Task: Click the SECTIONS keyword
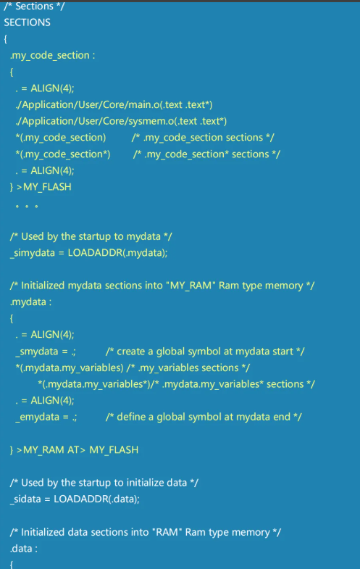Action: coord(28,22)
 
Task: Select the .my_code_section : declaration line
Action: coord(53,55)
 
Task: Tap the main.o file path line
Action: coord(114,105)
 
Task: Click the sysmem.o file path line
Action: coord(121,121)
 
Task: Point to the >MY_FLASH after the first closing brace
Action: coord(44,187)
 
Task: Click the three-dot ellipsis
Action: coord(27,207)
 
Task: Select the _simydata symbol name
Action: coord(33,253)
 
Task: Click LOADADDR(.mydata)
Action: coord(117,252)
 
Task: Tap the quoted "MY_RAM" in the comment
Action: coord(191,286)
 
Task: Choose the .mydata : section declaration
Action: coord(31,302)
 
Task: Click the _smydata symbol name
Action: coord(37,352)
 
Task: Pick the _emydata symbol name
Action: coord(38,418)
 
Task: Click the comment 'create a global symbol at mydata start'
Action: coord(205,352)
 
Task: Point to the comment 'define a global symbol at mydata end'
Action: coord(204,418)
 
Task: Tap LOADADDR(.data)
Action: coord(96,499)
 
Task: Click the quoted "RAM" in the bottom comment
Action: coord(167,532)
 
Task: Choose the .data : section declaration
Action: coord(24,548)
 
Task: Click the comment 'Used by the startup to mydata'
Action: coord(91,236)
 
